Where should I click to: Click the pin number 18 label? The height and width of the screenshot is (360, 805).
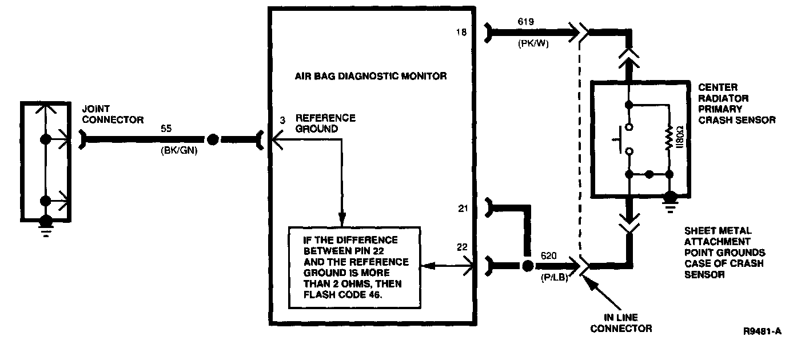461,33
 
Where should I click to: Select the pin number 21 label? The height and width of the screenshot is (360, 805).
463,209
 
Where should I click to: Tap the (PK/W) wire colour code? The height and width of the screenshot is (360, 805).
534,43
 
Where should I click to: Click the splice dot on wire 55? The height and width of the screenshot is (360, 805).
212,139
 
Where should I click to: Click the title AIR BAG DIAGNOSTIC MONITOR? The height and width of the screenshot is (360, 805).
370,75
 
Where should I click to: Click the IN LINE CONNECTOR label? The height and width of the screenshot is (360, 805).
621,323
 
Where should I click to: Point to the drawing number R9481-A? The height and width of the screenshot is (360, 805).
762,331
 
